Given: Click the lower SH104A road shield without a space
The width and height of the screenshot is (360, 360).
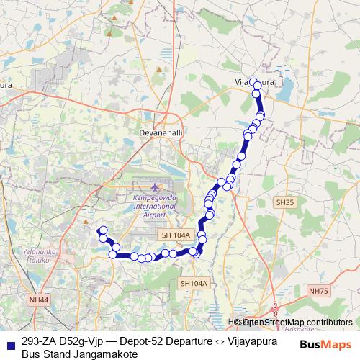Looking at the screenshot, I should coord(194,284).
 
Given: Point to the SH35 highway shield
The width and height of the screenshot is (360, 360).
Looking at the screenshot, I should coord(285,204).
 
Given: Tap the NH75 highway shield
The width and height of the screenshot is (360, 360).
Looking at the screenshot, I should coord(318,289).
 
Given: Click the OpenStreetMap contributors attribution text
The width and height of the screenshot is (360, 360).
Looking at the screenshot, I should coord(297,323).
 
